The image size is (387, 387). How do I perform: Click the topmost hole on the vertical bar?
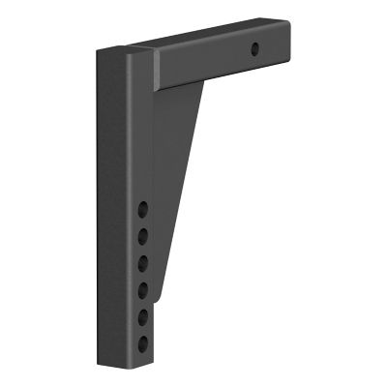click(x=143, y=208)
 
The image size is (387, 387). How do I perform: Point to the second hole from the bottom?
click(x=143, y=315)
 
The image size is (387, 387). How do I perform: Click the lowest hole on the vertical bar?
click(x=143, y=342)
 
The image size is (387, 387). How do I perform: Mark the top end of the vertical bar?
click(x=123, y=50)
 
